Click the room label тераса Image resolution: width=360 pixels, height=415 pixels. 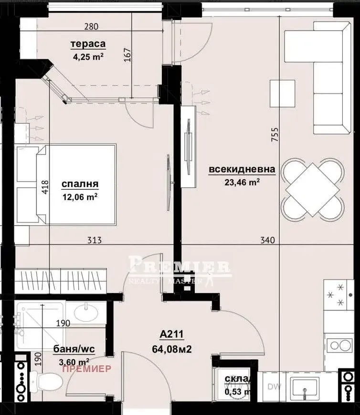(x=88, y=44)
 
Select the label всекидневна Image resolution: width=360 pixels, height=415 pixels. (x=242, y=169)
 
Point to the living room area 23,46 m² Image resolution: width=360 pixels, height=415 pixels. (x=242, y=181)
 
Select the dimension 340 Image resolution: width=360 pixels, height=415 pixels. (x=267, y=240)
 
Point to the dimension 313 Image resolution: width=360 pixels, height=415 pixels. (x=95, y=240)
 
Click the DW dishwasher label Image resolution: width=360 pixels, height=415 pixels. (x=274, y=386)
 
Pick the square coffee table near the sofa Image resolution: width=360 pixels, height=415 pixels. (x=282, y=93)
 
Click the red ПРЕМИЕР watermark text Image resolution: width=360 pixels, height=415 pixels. (x=87, y=368)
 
